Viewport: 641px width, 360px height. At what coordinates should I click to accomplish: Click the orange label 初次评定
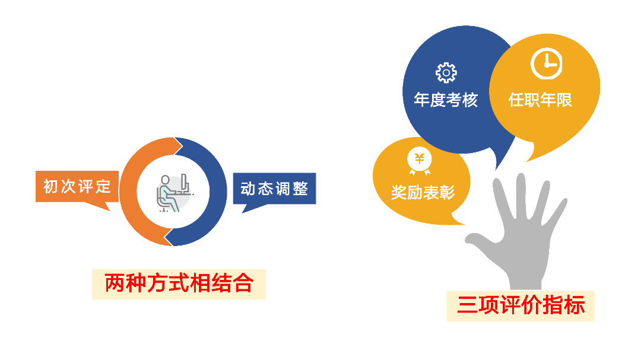pos(77,187)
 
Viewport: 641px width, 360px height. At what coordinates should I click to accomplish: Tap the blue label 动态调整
pos(274,189)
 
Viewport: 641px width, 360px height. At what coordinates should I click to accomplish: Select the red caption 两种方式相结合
pos(179,283)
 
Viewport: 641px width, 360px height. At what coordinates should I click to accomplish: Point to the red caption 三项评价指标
pos(521,305)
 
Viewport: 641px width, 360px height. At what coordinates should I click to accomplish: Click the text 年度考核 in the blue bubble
pos(446,100)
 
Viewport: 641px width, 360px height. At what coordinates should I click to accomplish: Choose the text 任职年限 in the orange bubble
pos(540,100)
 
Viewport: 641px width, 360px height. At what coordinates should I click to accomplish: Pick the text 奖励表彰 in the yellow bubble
pos(423,193)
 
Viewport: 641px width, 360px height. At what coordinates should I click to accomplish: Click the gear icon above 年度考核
pos(446,73)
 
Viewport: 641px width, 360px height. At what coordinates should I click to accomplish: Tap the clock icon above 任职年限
pos(547,63)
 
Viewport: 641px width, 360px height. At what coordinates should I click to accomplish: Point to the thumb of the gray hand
pos(483,243)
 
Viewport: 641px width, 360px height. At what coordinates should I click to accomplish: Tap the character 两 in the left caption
pos(115,283)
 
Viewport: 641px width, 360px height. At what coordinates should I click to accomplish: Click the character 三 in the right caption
pos(468,305)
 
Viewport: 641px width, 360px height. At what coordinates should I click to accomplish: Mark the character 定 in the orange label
pos(103,187)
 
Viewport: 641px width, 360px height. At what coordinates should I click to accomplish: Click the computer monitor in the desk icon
pos(185,183)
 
